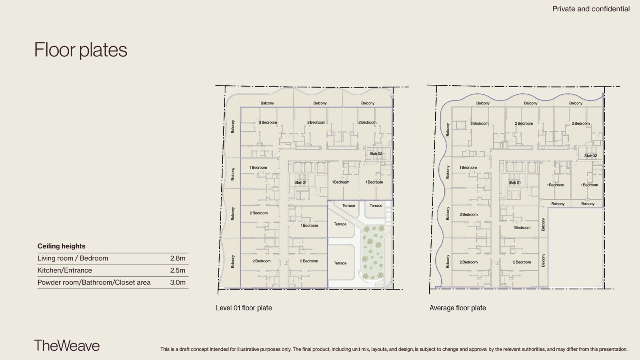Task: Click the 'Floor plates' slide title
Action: point(80,50)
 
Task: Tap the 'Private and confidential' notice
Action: point(591,9)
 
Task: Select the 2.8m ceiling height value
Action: point(178,258)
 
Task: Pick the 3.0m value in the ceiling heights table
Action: point(178,282)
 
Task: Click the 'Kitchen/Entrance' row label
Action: point(64,270)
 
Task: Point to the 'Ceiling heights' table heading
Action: point(62,246)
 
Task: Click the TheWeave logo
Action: point(67,346)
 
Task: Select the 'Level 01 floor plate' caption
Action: point(244,308)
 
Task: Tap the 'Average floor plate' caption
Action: point(458,308)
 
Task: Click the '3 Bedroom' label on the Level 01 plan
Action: point(268,122)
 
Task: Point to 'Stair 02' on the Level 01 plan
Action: point(376,154)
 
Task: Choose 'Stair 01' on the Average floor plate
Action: point(514,182)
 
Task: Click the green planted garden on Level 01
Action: point(373,253)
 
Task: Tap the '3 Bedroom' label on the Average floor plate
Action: point(479,124)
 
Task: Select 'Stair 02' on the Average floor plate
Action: point(590,156)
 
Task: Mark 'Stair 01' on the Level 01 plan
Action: point(300,182)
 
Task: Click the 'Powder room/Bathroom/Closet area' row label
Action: point(94,282)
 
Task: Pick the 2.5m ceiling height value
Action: point(178,270)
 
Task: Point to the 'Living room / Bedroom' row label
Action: point(72,258)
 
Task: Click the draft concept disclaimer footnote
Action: point(394,349)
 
